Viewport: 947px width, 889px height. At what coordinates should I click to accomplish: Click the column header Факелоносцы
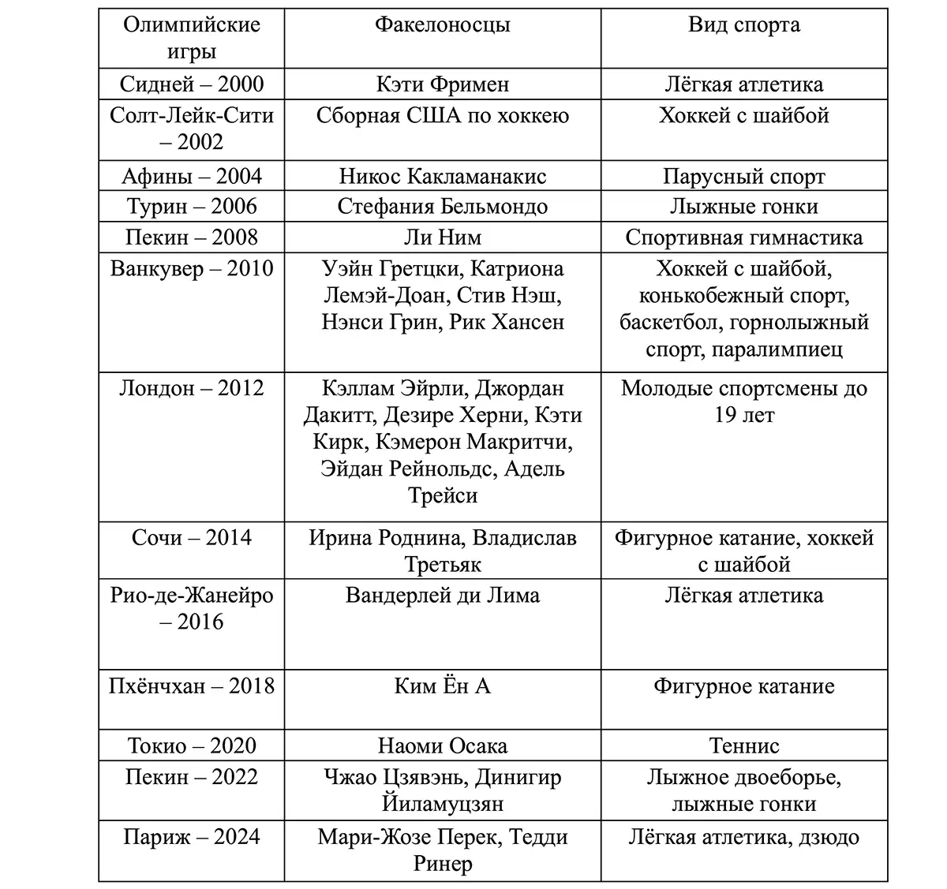(442, 24)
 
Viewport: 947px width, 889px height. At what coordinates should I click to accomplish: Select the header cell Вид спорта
(743, 24)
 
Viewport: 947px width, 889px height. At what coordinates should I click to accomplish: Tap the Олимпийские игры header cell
(191, 38)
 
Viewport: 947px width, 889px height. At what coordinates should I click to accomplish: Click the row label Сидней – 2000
(191, 84)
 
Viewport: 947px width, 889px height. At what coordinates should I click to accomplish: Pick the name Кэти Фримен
(442, 84)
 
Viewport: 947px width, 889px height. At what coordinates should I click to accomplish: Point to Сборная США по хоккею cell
(442, 116)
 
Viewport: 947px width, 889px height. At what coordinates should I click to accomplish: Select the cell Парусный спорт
(743, 176)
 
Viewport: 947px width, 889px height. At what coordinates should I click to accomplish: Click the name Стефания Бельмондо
(442, 207)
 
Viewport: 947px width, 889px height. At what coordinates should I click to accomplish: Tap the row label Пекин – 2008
(191, 237)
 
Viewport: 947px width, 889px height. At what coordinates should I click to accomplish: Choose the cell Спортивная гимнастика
(743, 237)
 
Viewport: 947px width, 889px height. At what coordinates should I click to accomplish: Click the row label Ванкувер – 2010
(191, 269)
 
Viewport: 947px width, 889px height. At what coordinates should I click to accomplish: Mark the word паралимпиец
(777, 349)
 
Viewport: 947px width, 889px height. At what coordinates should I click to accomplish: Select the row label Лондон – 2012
(191, 388)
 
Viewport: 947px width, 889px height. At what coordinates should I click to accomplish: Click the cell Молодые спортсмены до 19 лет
(743, 402)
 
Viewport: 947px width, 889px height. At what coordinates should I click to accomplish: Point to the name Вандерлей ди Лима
(442, 595)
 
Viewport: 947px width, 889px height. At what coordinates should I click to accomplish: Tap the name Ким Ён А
(442, 686)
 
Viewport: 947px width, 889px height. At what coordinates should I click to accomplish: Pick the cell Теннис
(743, 746)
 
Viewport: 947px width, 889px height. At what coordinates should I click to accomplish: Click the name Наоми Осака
(442, 746)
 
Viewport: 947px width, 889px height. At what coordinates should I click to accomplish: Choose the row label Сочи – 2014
(191, 538)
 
